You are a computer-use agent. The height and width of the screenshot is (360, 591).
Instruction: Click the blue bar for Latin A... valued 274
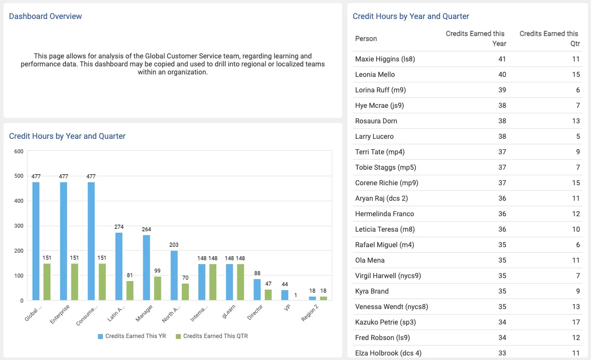pyautogui.click(x=119, y=267)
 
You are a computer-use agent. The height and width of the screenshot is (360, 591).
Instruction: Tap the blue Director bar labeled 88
pyautogui.click(x=257, y=290)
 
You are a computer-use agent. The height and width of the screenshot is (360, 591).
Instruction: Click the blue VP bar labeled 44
pyautogui.click(x=285, y=295)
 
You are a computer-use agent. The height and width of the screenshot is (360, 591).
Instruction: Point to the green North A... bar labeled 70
pyautogui.click(x=185, y=292)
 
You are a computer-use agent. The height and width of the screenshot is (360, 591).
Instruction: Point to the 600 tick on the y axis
pyautogui.click(x=18, y=151)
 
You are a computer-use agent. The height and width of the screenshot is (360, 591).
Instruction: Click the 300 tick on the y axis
pyautogui.click(x=18, y=226)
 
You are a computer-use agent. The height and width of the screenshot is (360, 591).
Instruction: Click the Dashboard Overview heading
pyautogui.click(x=45, y=16)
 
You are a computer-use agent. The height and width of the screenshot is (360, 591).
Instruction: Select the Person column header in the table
pyautogui.click(x=366, y=38)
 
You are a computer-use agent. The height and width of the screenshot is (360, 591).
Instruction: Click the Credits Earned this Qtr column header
pyautogui.click(x=549, y=38)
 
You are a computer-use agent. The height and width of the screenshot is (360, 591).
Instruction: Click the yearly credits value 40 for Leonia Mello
pyautogui.click(x=502, y=74)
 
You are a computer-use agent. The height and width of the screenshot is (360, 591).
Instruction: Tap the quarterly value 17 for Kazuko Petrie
pyautogui.click(x=576, y=322)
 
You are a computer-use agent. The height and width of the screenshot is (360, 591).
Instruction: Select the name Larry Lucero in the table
pyautogui.click(x=374, y=136)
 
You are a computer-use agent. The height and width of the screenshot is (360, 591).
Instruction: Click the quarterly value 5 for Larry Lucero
pyautogui.click(x=578, y=136)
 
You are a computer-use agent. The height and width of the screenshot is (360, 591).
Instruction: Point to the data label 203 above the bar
pyautogui.click(x=174, y=245)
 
